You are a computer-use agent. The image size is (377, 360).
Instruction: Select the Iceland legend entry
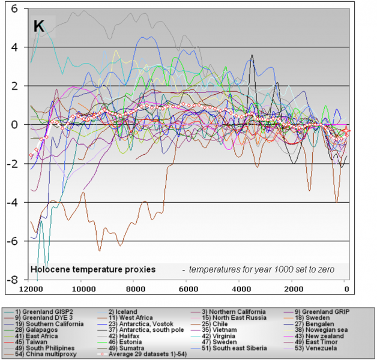coord(122,312)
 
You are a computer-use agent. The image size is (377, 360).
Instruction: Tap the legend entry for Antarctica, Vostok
coord(136,324)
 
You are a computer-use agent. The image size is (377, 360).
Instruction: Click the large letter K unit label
coord(37,27)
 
